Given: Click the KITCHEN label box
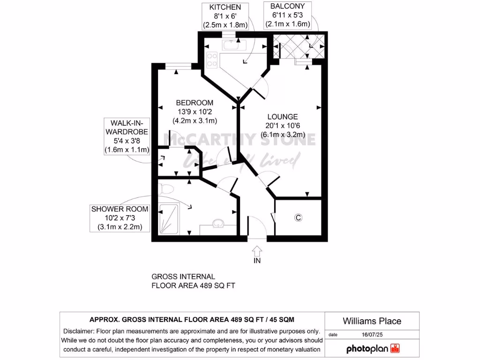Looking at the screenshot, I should click(225, 16).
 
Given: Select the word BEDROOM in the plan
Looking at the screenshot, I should click(195, 103).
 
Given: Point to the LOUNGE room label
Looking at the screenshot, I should click(283, 117).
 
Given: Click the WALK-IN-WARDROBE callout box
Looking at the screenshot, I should click(127, 136).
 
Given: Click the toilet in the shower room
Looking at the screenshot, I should click(166, 189).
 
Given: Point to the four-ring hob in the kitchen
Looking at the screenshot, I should click(212, 60).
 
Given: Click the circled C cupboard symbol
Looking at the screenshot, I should click(298, 217).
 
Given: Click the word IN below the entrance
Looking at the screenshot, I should click(257, 260).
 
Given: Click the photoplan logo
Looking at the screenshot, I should click(373, 349).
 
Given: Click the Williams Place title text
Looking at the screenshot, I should click(372, 321).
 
